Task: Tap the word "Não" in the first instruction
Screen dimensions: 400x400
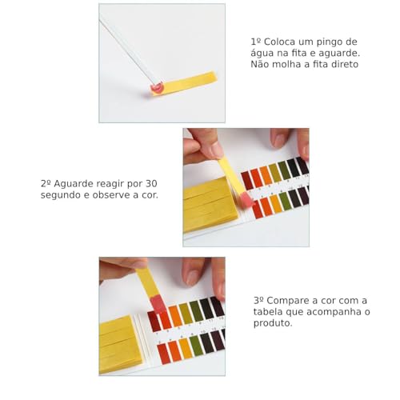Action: tap(262, 65)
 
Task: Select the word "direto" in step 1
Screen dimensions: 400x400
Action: tap(341, 65)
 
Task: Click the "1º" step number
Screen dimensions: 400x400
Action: tap(256, 41)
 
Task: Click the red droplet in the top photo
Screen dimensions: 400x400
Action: tap(157, 86)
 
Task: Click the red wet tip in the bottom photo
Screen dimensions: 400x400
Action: tap(158, 303)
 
